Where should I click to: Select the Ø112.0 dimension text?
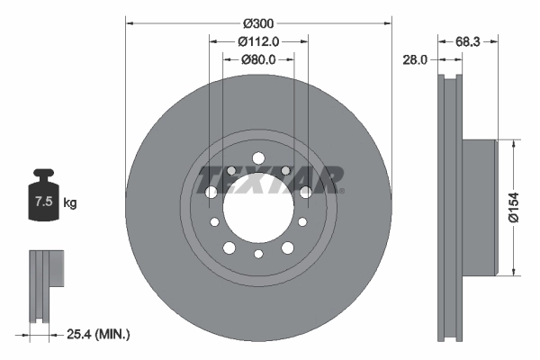[x=258, y=40]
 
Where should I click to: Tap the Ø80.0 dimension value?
[x=258, y=59]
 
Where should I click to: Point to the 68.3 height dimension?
[x=466, y=40]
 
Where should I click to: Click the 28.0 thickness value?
[x=416, y=59]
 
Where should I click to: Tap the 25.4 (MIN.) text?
[x=99, y=334]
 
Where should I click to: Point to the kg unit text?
[x=70, y=203]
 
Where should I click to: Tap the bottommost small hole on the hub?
[x=258, y=255]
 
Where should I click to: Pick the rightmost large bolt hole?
[x=306, y=192]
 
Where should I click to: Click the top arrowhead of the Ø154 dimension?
[x=513, y=142]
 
